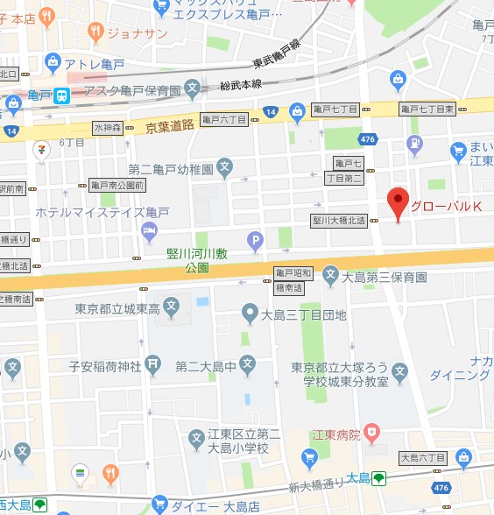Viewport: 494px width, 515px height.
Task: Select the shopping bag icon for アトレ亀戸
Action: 53,63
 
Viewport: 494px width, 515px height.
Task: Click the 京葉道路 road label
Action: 169,126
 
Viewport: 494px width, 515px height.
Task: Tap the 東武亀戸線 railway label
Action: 276,53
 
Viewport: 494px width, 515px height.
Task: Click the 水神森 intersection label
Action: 109,128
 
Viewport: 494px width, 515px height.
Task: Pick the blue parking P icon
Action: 256,238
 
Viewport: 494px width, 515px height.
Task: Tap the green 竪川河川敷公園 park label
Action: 197,260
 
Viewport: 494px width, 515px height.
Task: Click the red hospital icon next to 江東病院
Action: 372,432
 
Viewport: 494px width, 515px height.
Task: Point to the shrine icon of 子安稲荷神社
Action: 153,363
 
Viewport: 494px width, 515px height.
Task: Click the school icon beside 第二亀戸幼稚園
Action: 225,166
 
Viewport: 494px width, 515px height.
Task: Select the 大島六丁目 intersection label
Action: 423,457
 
